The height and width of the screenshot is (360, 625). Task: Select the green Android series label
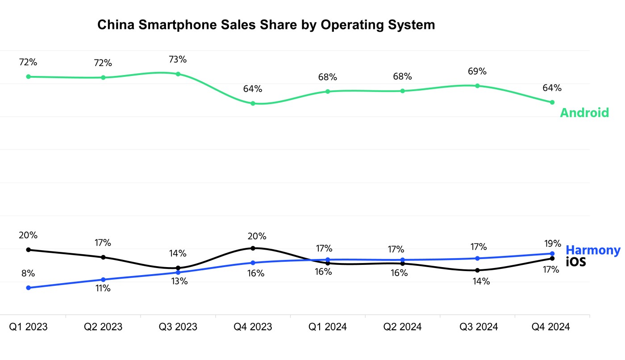[x=584, y=113]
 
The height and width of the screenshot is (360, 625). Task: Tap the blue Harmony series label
[x=593, y=250]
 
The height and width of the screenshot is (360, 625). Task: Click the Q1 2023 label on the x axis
[x=29, y=327]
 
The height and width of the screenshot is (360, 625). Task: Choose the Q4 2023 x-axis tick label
[x=253, y=327]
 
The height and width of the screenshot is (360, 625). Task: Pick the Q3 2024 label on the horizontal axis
[x=479, y=327]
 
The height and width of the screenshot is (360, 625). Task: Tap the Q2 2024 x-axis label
[x=402, y=327]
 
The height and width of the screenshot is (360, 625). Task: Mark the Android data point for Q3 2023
[x=178, y=74]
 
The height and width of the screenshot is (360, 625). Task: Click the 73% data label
[x=178, y=59]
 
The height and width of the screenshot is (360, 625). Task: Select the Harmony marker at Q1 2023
[x=29, y=288]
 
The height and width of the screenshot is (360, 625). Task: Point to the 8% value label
[x=28, y=273]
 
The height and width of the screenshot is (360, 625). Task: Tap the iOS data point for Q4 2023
[x=253, y=248]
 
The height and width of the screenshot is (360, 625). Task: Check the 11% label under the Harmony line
[x=103, y=289]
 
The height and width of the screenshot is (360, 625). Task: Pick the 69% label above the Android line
[x=478, y=71]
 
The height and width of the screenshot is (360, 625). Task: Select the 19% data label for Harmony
[x=553, y=243]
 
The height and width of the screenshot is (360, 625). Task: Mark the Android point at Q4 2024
[x=552, y=102]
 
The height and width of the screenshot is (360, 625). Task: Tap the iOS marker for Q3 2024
[x=477, y=270]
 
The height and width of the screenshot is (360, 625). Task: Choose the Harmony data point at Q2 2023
[x=103, y=280]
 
